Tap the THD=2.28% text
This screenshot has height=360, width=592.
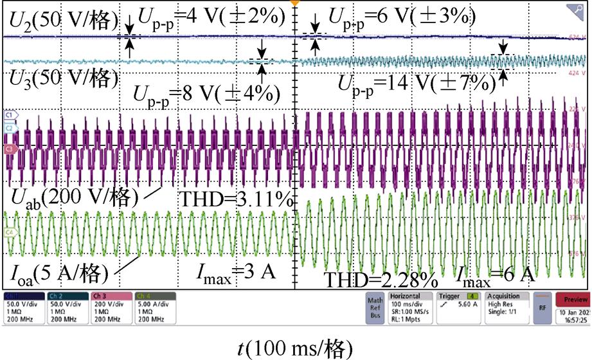click(x=381, y=279)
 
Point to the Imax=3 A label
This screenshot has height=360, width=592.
click(x=236, y=272)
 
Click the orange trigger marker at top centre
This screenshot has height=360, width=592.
click(x=296, y=3)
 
